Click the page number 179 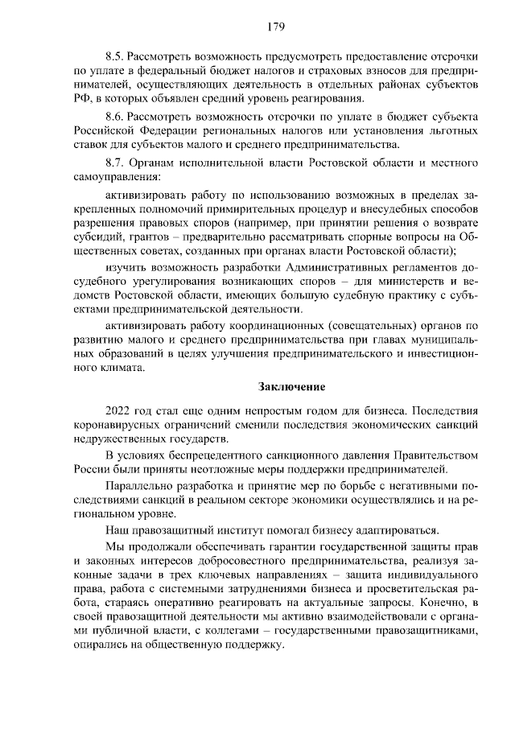[277, 27]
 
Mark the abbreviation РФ [83, 100]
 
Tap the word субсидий [97, 237]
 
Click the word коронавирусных [117, 424]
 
